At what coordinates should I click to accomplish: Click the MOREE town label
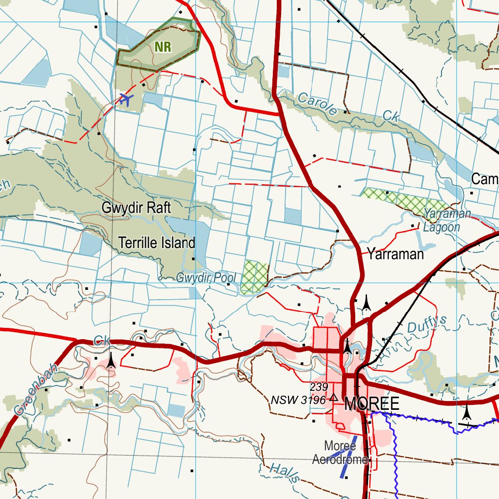372,404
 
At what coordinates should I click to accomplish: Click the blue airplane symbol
126,100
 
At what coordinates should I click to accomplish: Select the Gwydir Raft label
136,208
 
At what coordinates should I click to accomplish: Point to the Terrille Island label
157,243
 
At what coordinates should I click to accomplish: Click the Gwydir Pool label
206,278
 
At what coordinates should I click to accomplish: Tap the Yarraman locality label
395,254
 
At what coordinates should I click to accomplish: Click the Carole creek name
317,103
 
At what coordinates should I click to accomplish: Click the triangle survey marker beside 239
333,398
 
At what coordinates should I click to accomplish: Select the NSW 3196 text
298,400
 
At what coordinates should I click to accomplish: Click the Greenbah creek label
35,390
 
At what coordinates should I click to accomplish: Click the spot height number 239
318,387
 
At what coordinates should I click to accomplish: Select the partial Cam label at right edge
485,179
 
